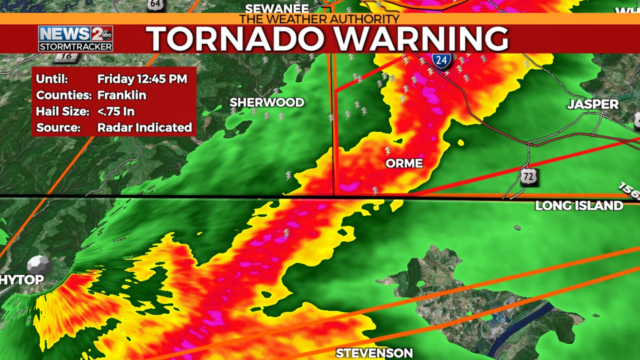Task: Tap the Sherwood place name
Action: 266,102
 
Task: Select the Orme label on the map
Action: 404,163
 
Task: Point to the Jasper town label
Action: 592,104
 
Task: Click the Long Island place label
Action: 579,205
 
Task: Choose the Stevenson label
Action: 374,353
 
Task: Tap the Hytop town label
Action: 21,280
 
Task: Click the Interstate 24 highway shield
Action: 441,60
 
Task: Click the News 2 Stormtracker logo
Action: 75,38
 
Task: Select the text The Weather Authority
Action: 319,19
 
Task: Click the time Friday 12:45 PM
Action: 142,79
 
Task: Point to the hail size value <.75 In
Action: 115,111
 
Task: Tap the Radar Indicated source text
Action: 144,127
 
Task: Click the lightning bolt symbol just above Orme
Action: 387,150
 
